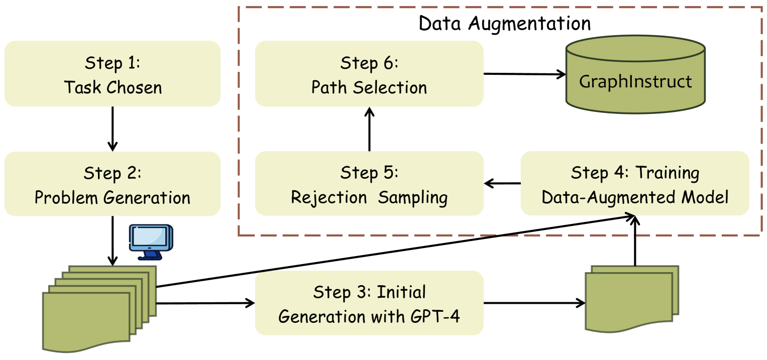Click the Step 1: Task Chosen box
[x=113, y=74]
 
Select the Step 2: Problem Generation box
[x=113, y=184]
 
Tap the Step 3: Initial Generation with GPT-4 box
[x=369, y=303]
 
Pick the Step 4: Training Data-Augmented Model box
[x=635, y=184]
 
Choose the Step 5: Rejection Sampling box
[x=369, y=184]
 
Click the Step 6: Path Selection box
[x=369, y=74]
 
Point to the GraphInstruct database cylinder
[x=635, y=75]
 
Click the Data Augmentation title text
[x=505, y=23]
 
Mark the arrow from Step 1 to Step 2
[x=113, y=129]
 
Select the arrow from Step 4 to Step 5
[x=502, y=184]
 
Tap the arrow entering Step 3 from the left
[x=206, y=303]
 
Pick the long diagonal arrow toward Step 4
[x=392, y=252]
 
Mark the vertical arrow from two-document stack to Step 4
[x=635, y=241]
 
